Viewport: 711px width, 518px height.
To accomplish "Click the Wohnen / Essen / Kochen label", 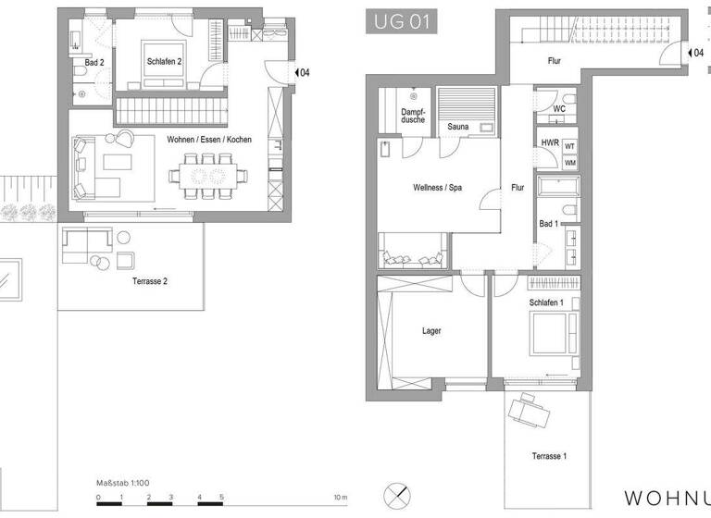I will pos(208,140).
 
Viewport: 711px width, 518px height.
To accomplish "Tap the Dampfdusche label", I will pos(413,117).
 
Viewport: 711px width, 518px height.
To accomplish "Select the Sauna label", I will pos(456,127).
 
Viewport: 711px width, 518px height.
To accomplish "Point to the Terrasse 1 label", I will pos(549,456).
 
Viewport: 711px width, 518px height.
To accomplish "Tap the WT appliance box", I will pos(569,146).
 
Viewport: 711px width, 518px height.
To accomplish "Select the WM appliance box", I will pos(569,163).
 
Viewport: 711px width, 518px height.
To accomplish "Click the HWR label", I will pos(549,143).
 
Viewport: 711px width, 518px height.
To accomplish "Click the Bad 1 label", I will pos(548,224).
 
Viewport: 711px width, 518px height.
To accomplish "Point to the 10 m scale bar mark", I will pos(341,499).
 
